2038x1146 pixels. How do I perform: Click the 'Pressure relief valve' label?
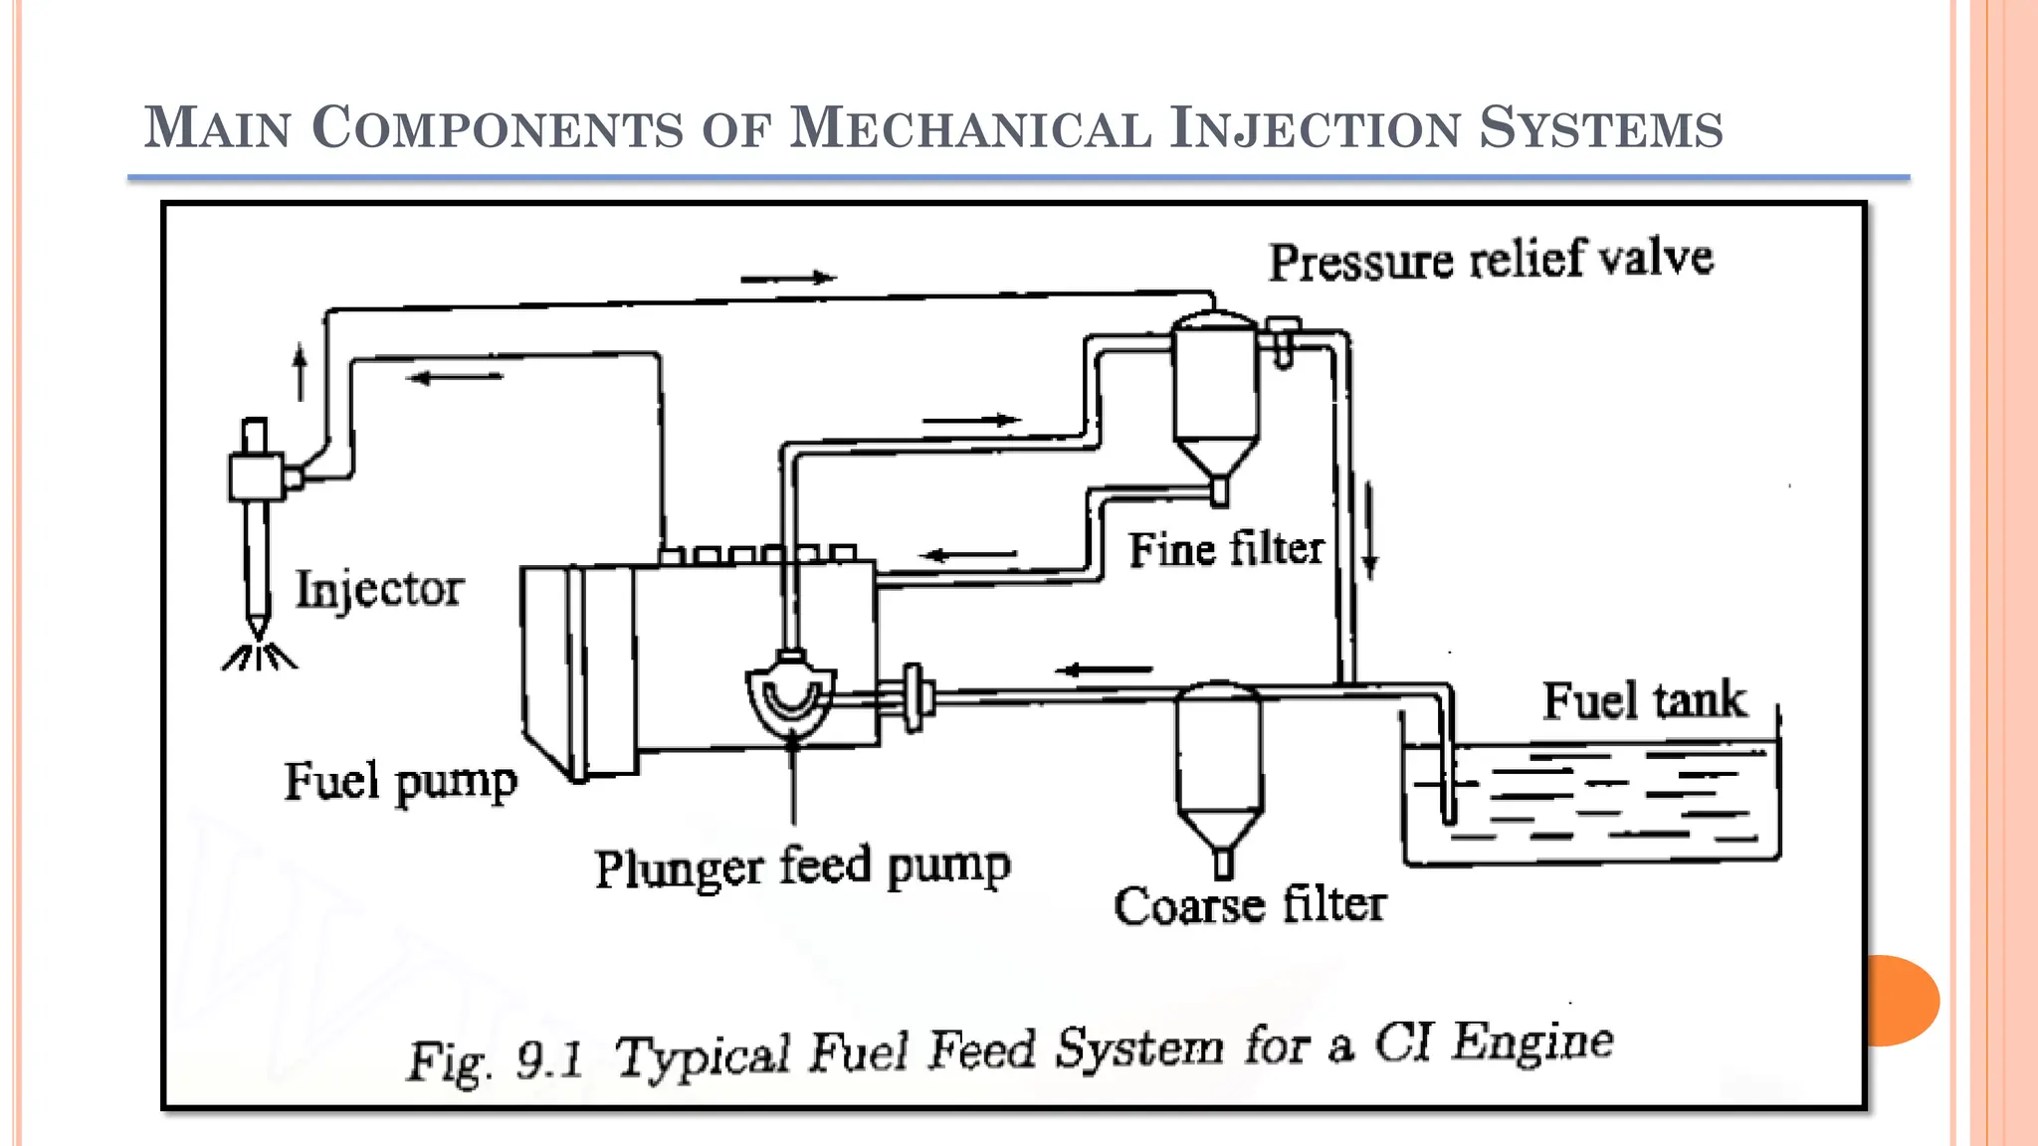pyautogui.click(x=1491, y=261)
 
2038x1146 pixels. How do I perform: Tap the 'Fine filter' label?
pyautogui.click(x=1225, y=549)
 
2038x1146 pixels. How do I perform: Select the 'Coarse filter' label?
pyautogui.click(x=1249, y=905)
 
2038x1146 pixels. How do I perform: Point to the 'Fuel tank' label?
pyautogui.click(x=1644, y=700)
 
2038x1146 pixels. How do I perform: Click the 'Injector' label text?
pyautogui.click(x=379, y=589)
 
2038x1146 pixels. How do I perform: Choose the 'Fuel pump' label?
pyautogui.click(x=400, y=782)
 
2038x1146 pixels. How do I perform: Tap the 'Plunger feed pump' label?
pyautogui.click(x=802, y=866)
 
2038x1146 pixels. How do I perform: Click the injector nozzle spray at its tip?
pyautogui.click(x=259, y=657)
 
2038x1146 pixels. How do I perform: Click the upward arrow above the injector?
pyautogui.click(x=301, y=372)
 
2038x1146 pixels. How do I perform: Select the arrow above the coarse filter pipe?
pyautogui.click(x=1104, y=669)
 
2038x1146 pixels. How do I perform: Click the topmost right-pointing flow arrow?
pyautogui.click(x=788, y=279)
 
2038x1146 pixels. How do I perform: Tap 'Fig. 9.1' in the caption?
pyautogui.click(x=495, y=1060)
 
